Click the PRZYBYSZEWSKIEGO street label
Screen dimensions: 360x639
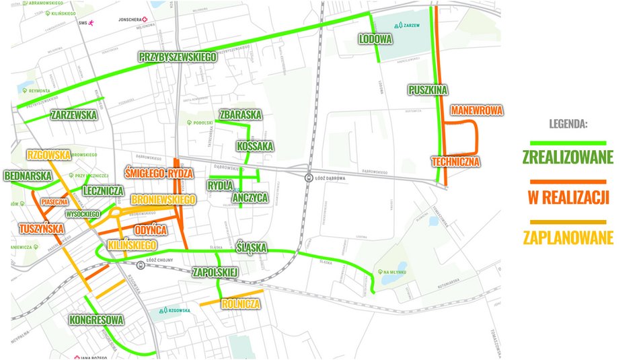click(178, 58)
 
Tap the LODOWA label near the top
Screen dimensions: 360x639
click(375, 40)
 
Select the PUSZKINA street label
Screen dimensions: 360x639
click(428, 89)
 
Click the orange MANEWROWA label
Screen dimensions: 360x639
click(477, 110)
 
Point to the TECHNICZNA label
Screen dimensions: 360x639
click(455, 161)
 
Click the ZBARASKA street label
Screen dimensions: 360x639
click(240, 115)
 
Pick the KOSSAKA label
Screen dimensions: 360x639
click(255, 146)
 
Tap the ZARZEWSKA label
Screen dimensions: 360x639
click(74, 116)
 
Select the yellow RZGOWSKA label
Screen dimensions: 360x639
click(48, 155)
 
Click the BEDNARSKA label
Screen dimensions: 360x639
click(28, 176)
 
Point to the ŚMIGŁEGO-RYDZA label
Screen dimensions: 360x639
click(159, 174)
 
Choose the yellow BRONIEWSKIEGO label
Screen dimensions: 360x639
click(163, 200)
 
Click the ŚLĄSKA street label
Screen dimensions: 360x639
click(252, 248)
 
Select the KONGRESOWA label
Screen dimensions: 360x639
click(97, 320)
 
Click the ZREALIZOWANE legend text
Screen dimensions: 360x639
click(568, 158)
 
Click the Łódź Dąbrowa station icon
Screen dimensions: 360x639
click(309, 178)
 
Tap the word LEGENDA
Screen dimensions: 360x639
click(568, 124)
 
